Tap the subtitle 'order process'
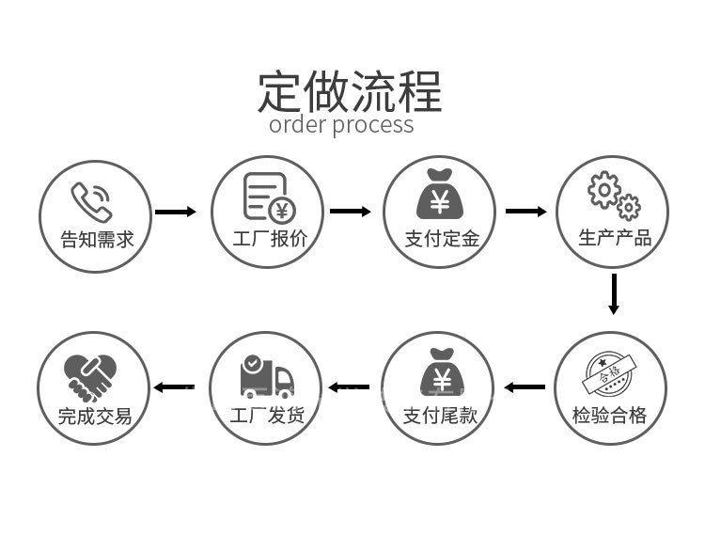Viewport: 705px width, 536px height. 341,125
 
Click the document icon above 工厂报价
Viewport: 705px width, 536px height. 268,197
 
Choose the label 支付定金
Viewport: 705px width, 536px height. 442,239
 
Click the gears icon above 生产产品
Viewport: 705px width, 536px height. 614,195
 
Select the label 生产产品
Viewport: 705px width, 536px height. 615,239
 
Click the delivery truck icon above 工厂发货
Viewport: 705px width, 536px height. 266,375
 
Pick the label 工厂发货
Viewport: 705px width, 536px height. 268,416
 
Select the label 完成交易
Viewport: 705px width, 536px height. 94,416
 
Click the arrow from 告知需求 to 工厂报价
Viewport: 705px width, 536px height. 176,212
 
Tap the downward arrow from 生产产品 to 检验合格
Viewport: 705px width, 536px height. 614,293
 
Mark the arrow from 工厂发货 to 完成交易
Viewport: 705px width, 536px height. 175,387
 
